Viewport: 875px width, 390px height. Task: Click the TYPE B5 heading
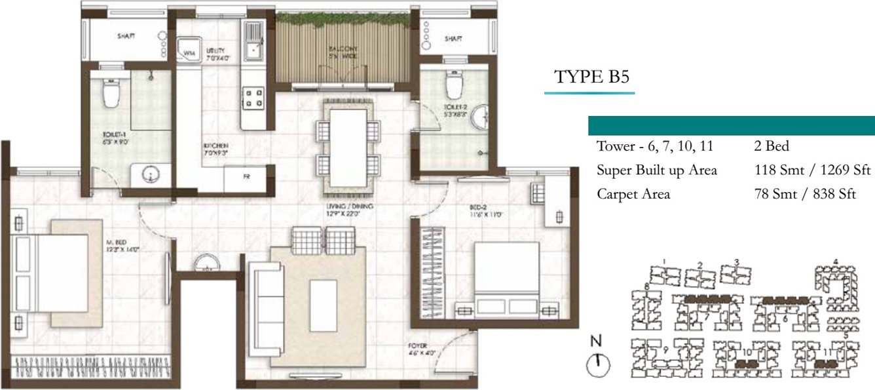[x=591, y=77]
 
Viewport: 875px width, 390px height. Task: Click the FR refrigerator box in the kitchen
[x=246, y=177]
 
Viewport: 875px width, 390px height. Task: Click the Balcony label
[x=343, y=52]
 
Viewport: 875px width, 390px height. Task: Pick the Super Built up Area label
[x=656, y=170]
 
